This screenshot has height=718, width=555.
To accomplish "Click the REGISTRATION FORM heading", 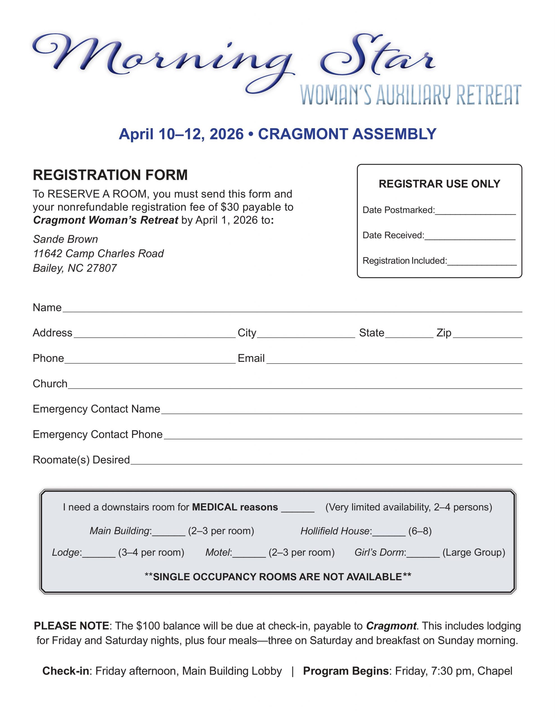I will point(110,175).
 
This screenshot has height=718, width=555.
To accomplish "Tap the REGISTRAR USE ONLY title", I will point(439,184).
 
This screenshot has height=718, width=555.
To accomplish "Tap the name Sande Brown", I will point(65,239).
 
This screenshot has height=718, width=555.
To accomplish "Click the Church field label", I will point(50,384).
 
